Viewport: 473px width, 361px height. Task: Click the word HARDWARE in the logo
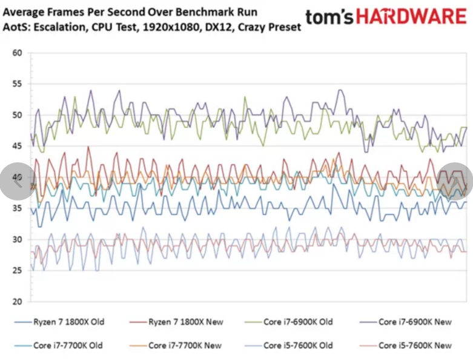point(411,17)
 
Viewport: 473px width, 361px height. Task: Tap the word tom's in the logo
point(329,17)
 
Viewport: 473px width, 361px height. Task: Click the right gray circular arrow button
point(455,181)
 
